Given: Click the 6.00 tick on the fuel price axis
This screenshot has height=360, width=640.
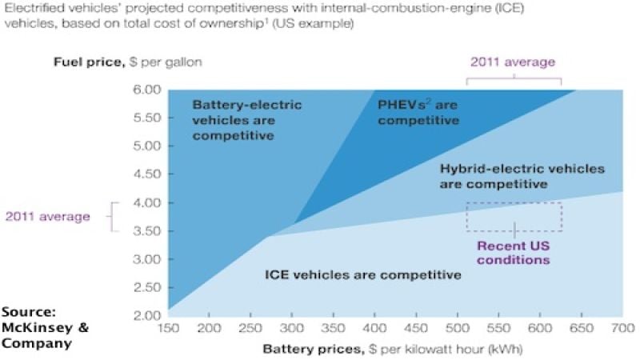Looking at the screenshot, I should [146, 90].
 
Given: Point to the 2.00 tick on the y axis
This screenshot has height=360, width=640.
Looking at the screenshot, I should [146, 315].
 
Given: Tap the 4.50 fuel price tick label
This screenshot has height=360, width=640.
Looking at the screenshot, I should [146, 174].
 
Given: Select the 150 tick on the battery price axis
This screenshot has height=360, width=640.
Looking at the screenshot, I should [170, 328].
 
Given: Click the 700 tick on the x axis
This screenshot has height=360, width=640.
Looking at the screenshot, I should [622, 328].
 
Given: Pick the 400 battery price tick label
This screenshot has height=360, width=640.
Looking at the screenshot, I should [374, 328].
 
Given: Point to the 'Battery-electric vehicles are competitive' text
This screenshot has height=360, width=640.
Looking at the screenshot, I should [240, 119].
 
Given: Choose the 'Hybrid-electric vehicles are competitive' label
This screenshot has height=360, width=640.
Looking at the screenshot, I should [522, 176].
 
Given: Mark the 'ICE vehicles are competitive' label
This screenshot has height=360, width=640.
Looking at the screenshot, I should [363, 275].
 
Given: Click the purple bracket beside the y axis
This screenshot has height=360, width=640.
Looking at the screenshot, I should [113, 216].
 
